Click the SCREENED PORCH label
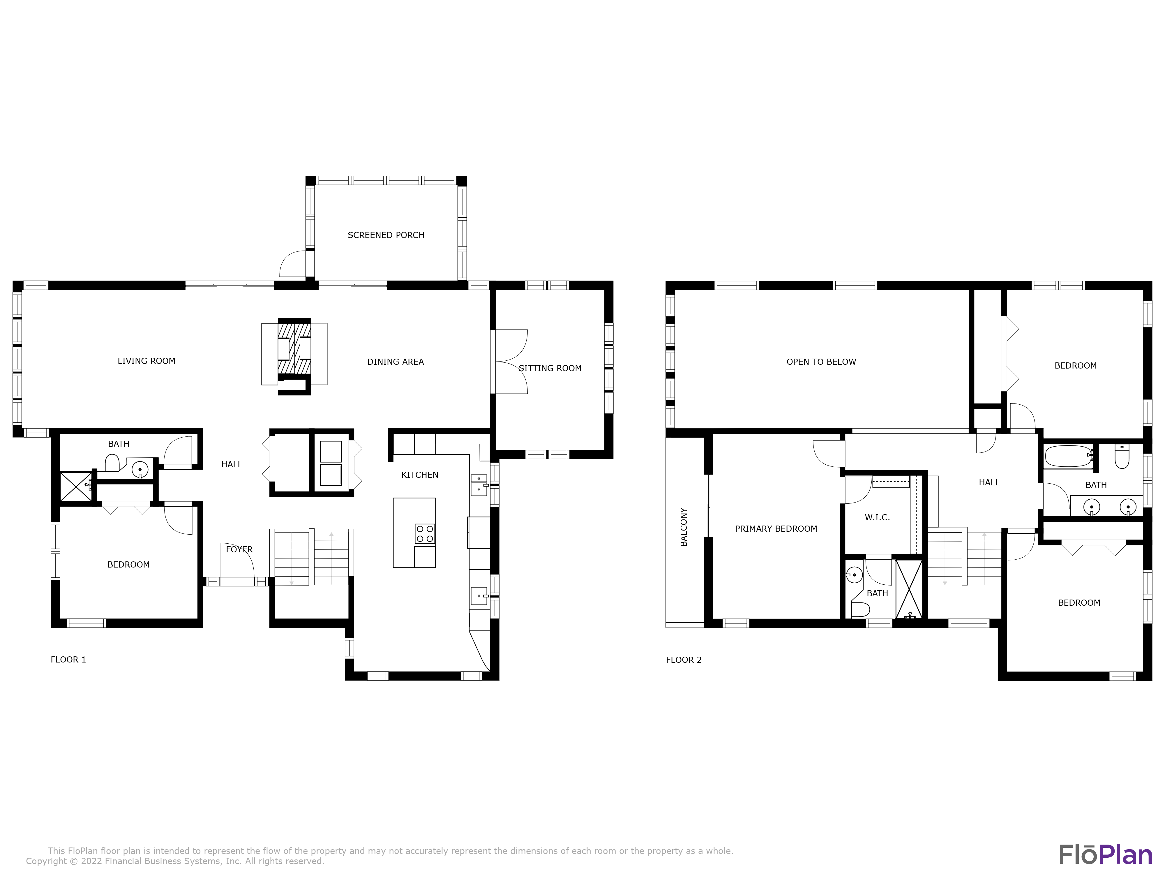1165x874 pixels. tap(386, 235)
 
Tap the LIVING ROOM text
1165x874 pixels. tap(146, 361)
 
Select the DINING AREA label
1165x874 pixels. tap(396, 362)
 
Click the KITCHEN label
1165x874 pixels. tap(420, 475)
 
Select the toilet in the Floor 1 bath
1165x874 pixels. tap(112, 463)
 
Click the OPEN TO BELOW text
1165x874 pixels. tap(821, 362)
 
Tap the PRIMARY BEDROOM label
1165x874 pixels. tap(776, 529)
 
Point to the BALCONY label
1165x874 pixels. tap(684, 527)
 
